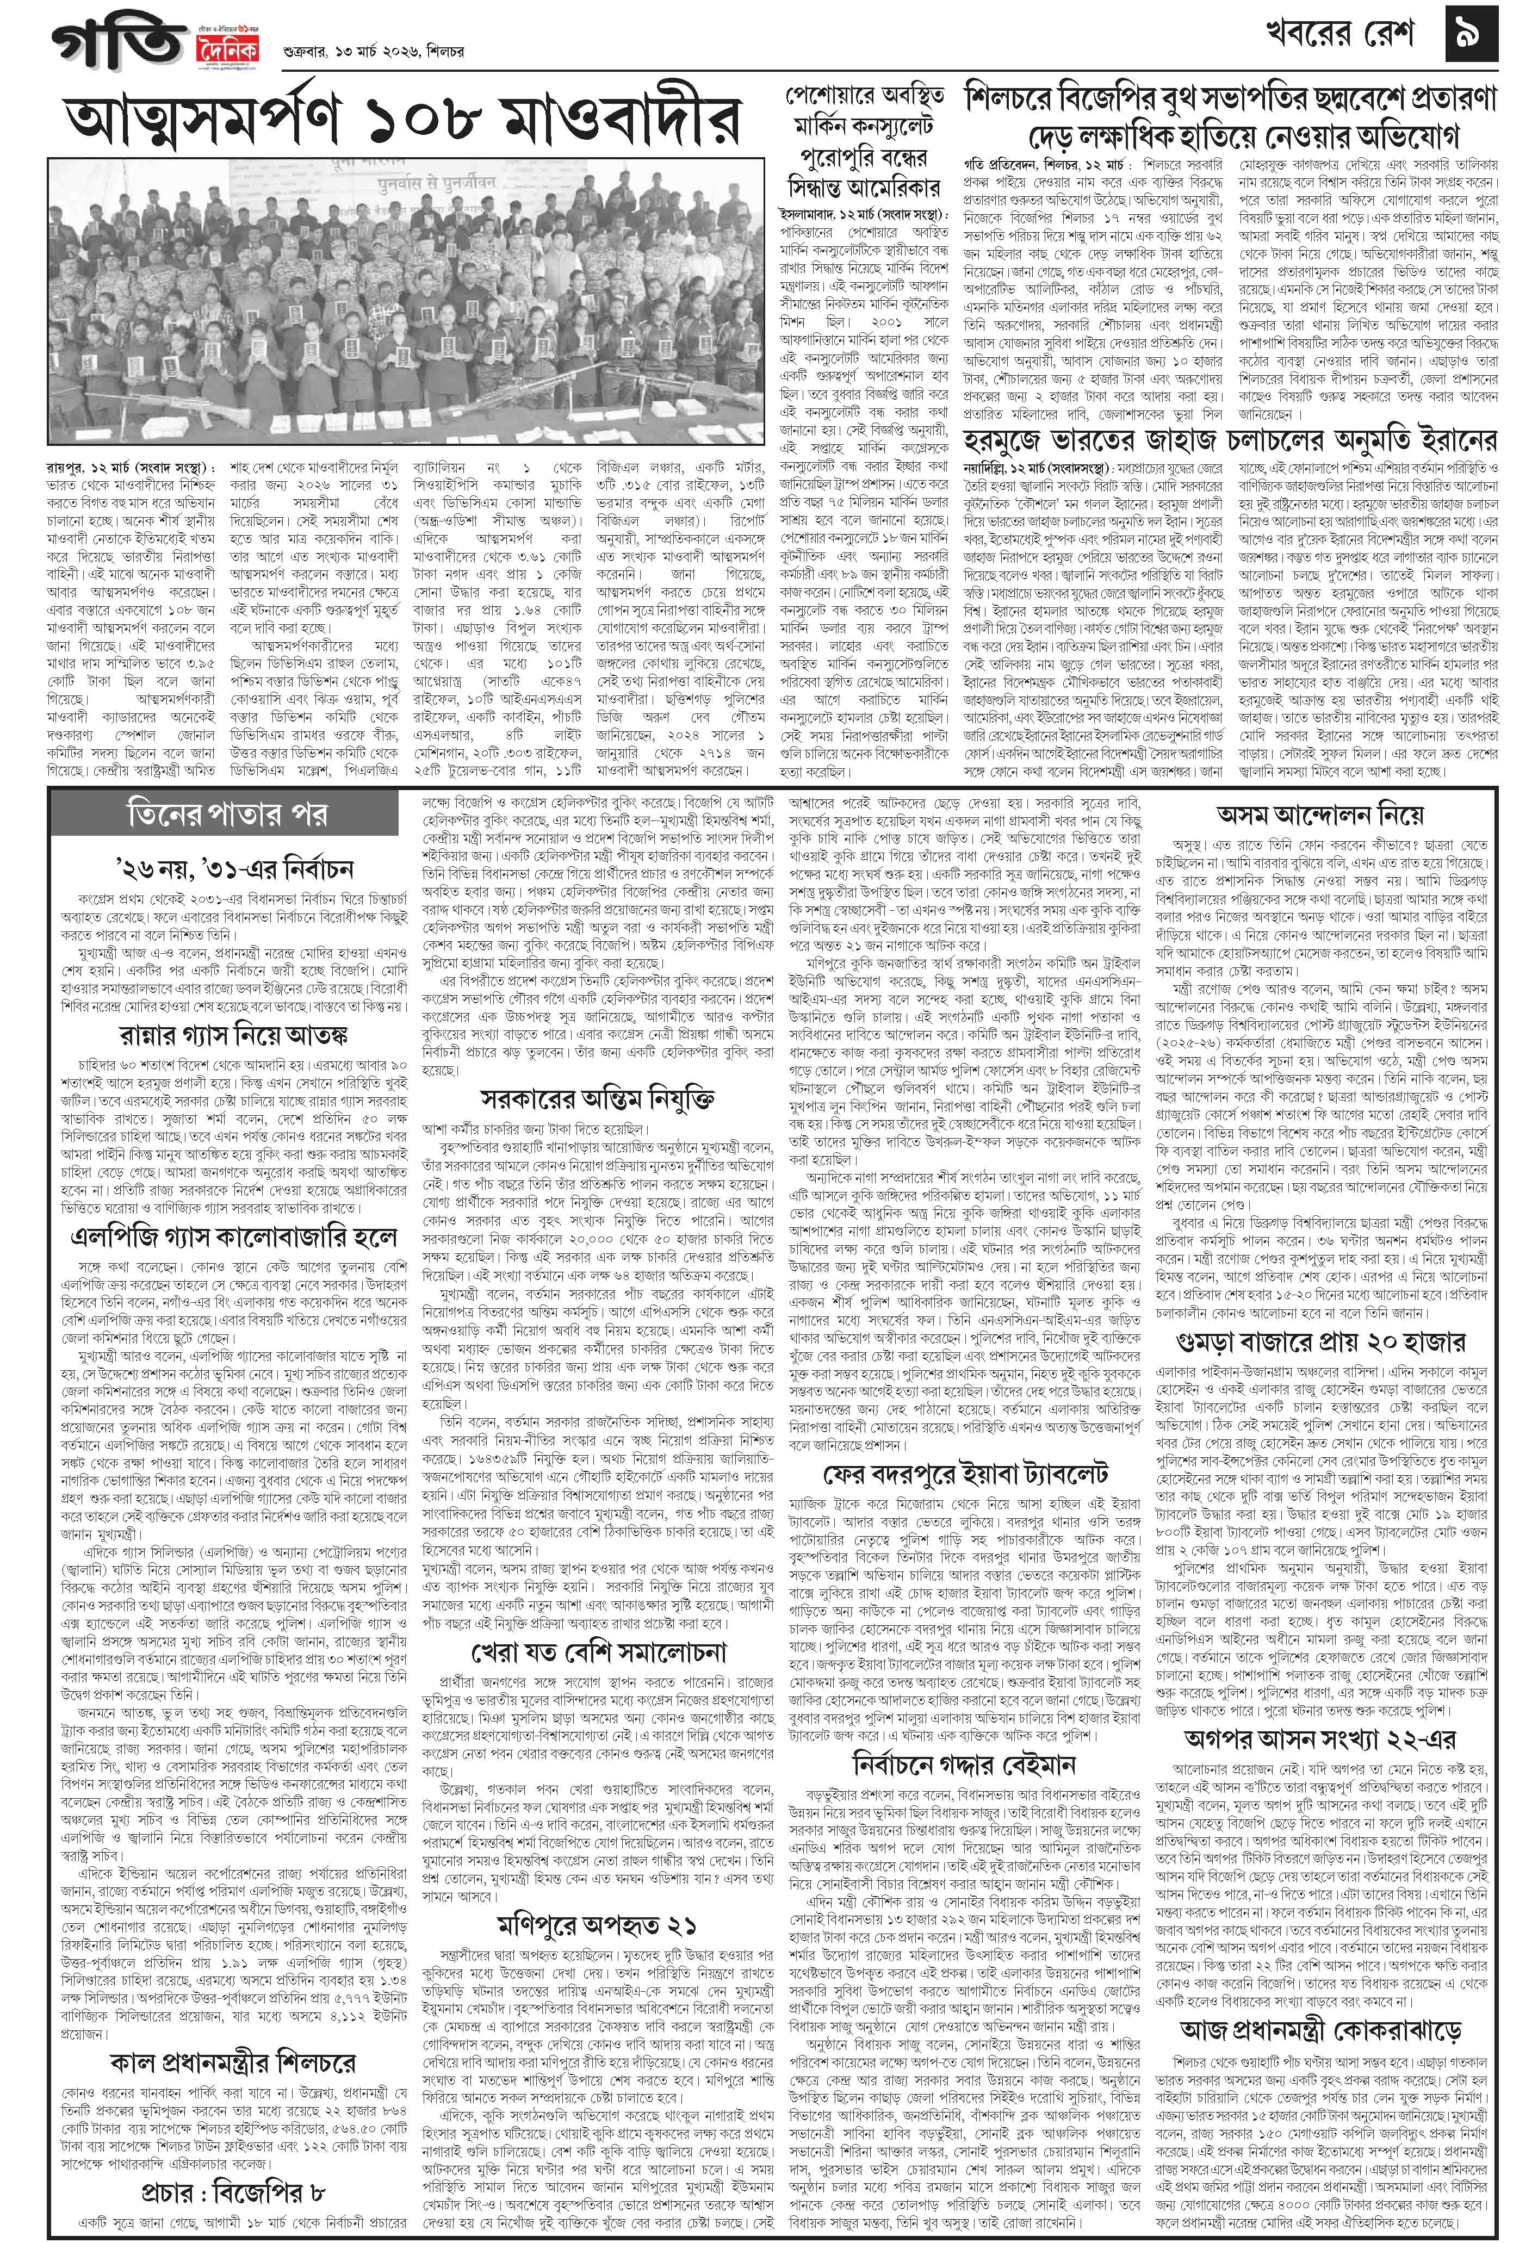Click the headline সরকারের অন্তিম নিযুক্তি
[x=599, y=1098]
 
